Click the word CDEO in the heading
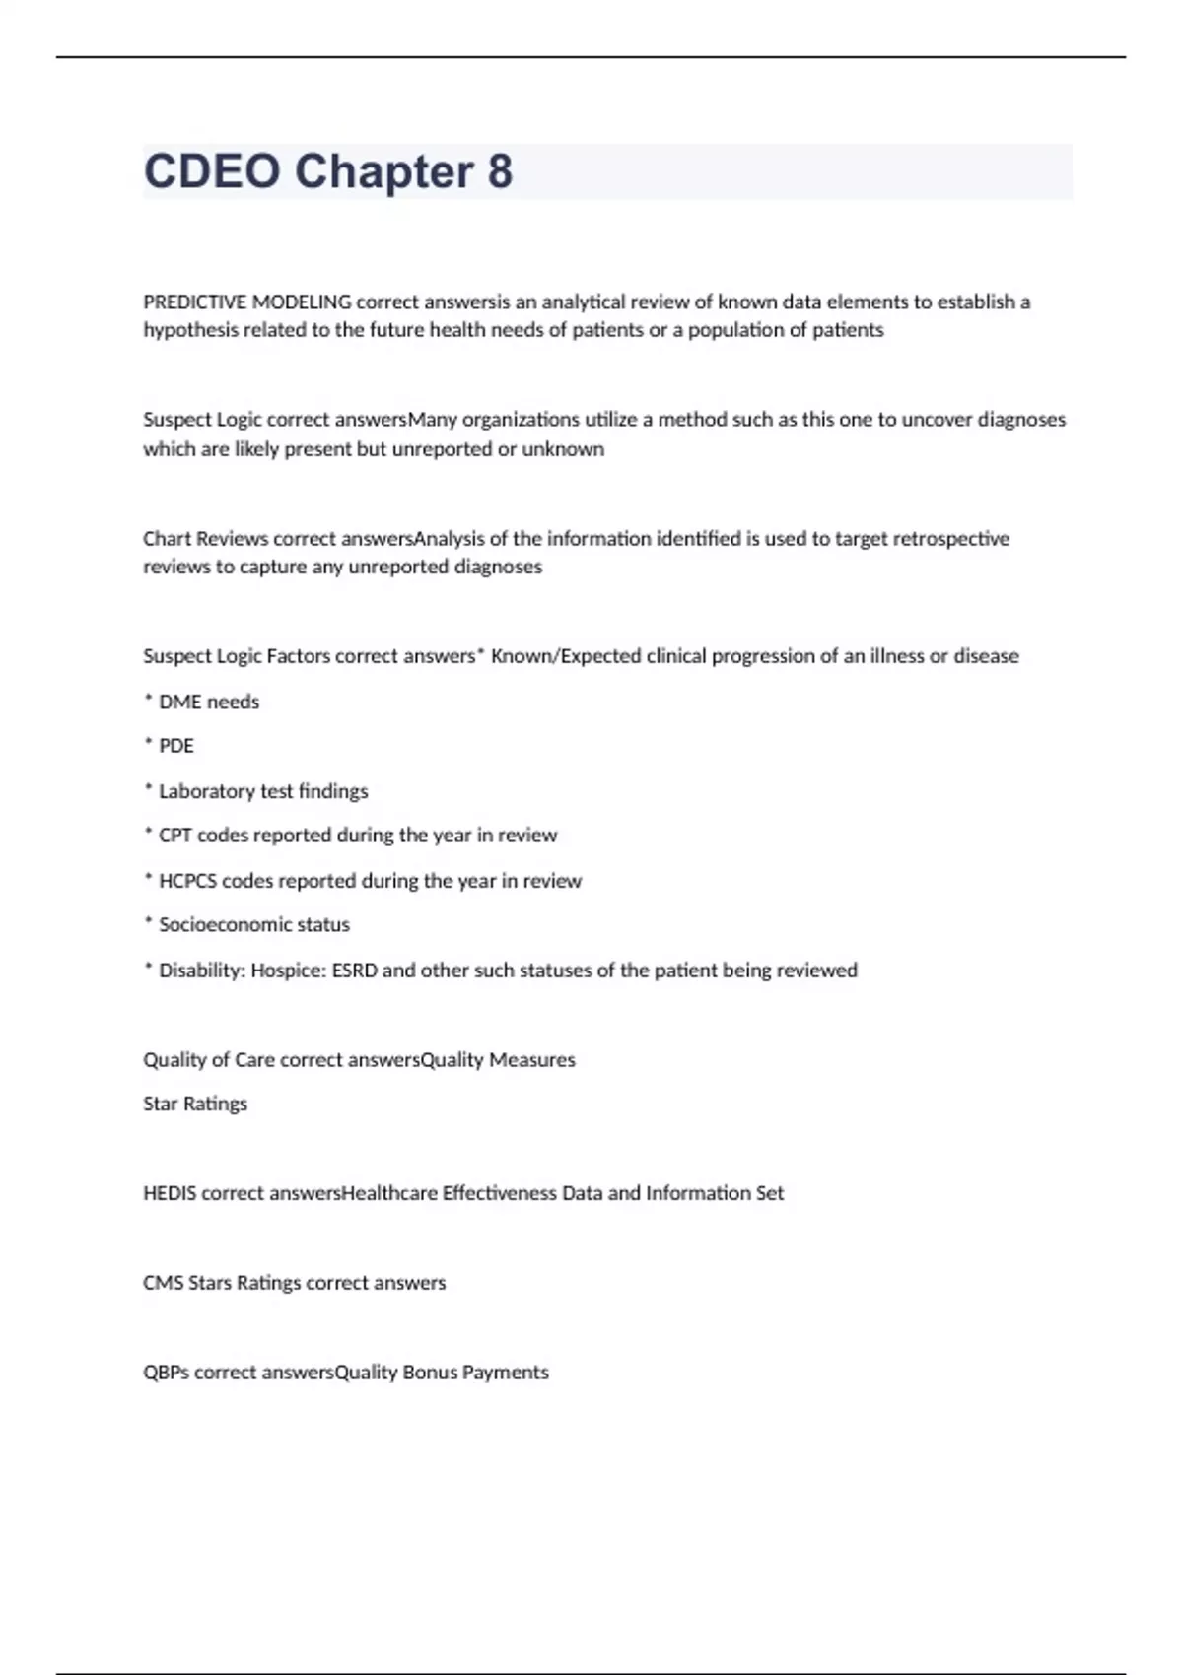[212, 171]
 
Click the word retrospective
[950, 538]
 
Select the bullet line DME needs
[208, 702]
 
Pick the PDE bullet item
[175, 746]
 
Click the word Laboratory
[206, 791]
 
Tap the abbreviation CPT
[174, 836]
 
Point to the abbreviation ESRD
[354, 971]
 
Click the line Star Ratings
[195, 1104]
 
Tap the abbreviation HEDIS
[170, 1193]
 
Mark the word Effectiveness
[499, 1193]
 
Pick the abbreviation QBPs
[167, 1373]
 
